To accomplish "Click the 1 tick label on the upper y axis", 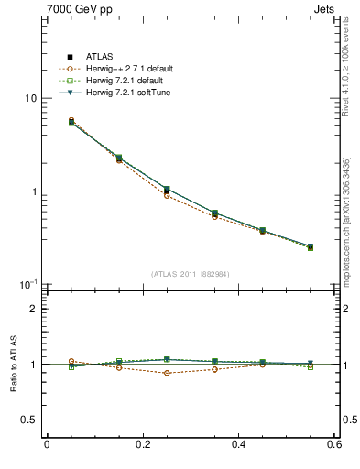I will (33, 191).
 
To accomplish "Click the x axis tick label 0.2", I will (142, 445).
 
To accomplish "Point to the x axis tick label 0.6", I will (334, 445).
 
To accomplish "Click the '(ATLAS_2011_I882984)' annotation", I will (191, 274).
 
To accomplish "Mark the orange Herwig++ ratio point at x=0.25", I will (167, 373).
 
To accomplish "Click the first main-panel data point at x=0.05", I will (71, 121).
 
